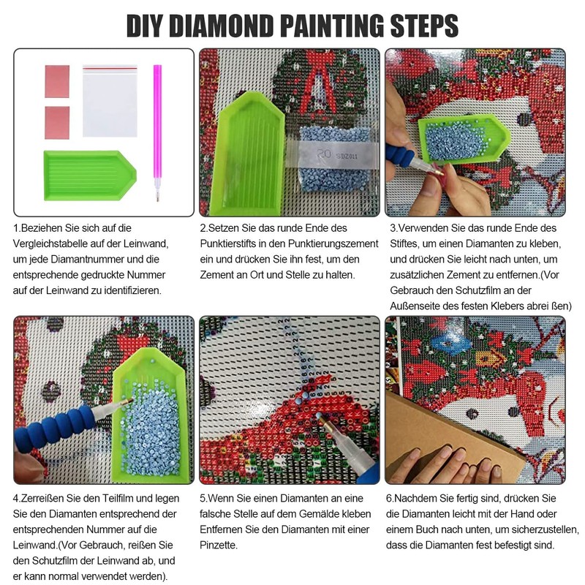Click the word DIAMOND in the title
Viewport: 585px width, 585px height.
click(x=222, y=26)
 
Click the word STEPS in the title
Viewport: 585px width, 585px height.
click(x=424, y=26)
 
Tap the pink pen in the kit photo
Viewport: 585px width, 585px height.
click(x=157, y=133)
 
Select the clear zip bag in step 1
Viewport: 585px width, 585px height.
click(x=110, y=101)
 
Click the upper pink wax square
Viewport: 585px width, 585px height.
click(x=57, y=81)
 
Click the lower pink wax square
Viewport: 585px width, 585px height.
click(x=57, y=123)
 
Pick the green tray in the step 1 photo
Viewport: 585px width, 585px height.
click(x=90, y=175)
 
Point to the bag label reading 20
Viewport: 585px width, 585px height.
click(x=323, y=154)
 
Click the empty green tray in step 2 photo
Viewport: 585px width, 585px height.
click(x=247, y=153)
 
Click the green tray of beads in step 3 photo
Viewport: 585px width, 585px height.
click(x=463, y=138)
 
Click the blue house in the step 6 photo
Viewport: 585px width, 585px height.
click(x=447, y=343)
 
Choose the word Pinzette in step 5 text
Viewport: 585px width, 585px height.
click(x=218, y=545)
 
